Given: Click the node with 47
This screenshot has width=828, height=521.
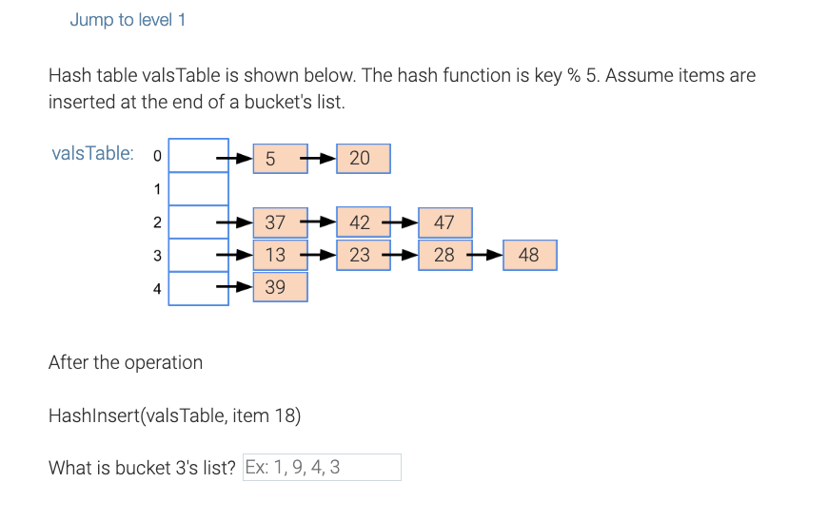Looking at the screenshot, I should (x=444, y=223).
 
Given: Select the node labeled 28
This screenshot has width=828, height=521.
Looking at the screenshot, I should (x=444, y=255).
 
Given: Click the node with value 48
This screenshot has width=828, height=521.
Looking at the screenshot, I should (x=529, y=255).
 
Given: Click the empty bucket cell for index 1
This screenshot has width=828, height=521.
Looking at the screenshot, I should (x=199, y=188).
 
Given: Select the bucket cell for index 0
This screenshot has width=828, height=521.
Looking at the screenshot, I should (x=199, y=156).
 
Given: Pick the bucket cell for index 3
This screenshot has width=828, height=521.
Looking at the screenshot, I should (x=199, y=255).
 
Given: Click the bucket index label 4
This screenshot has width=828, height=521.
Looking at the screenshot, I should (x=157, y=288).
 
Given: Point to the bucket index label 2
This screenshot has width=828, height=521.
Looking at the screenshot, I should (x=157, y=223).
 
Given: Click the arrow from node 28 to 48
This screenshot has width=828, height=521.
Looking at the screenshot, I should (x=487, y=255).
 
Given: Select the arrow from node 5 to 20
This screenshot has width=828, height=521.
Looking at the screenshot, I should (x=321, y=159).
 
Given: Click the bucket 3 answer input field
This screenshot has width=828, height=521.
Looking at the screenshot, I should (x=322, y=467).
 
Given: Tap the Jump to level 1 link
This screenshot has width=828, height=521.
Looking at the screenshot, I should (x=128, y=20).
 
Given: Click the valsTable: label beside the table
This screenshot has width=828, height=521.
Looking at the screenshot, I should (x=92, y=153).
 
